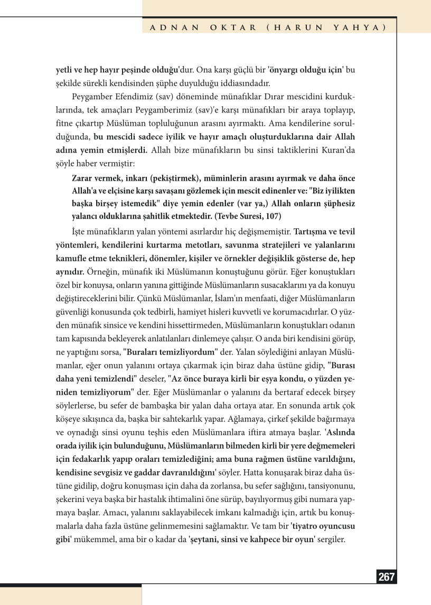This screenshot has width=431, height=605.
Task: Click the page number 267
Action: (387, 577)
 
